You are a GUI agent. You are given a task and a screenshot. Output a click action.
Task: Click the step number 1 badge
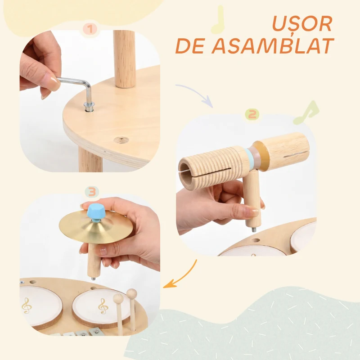[90, 30]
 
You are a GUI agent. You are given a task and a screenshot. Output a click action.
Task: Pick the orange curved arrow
[184, 275]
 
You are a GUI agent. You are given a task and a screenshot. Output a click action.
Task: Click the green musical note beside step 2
[306, 112]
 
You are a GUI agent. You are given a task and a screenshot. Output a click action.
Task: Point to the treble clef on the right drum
[103, 306]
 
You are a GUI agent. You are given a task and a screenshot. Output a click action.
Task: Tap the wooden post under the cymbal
[94, 261]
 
